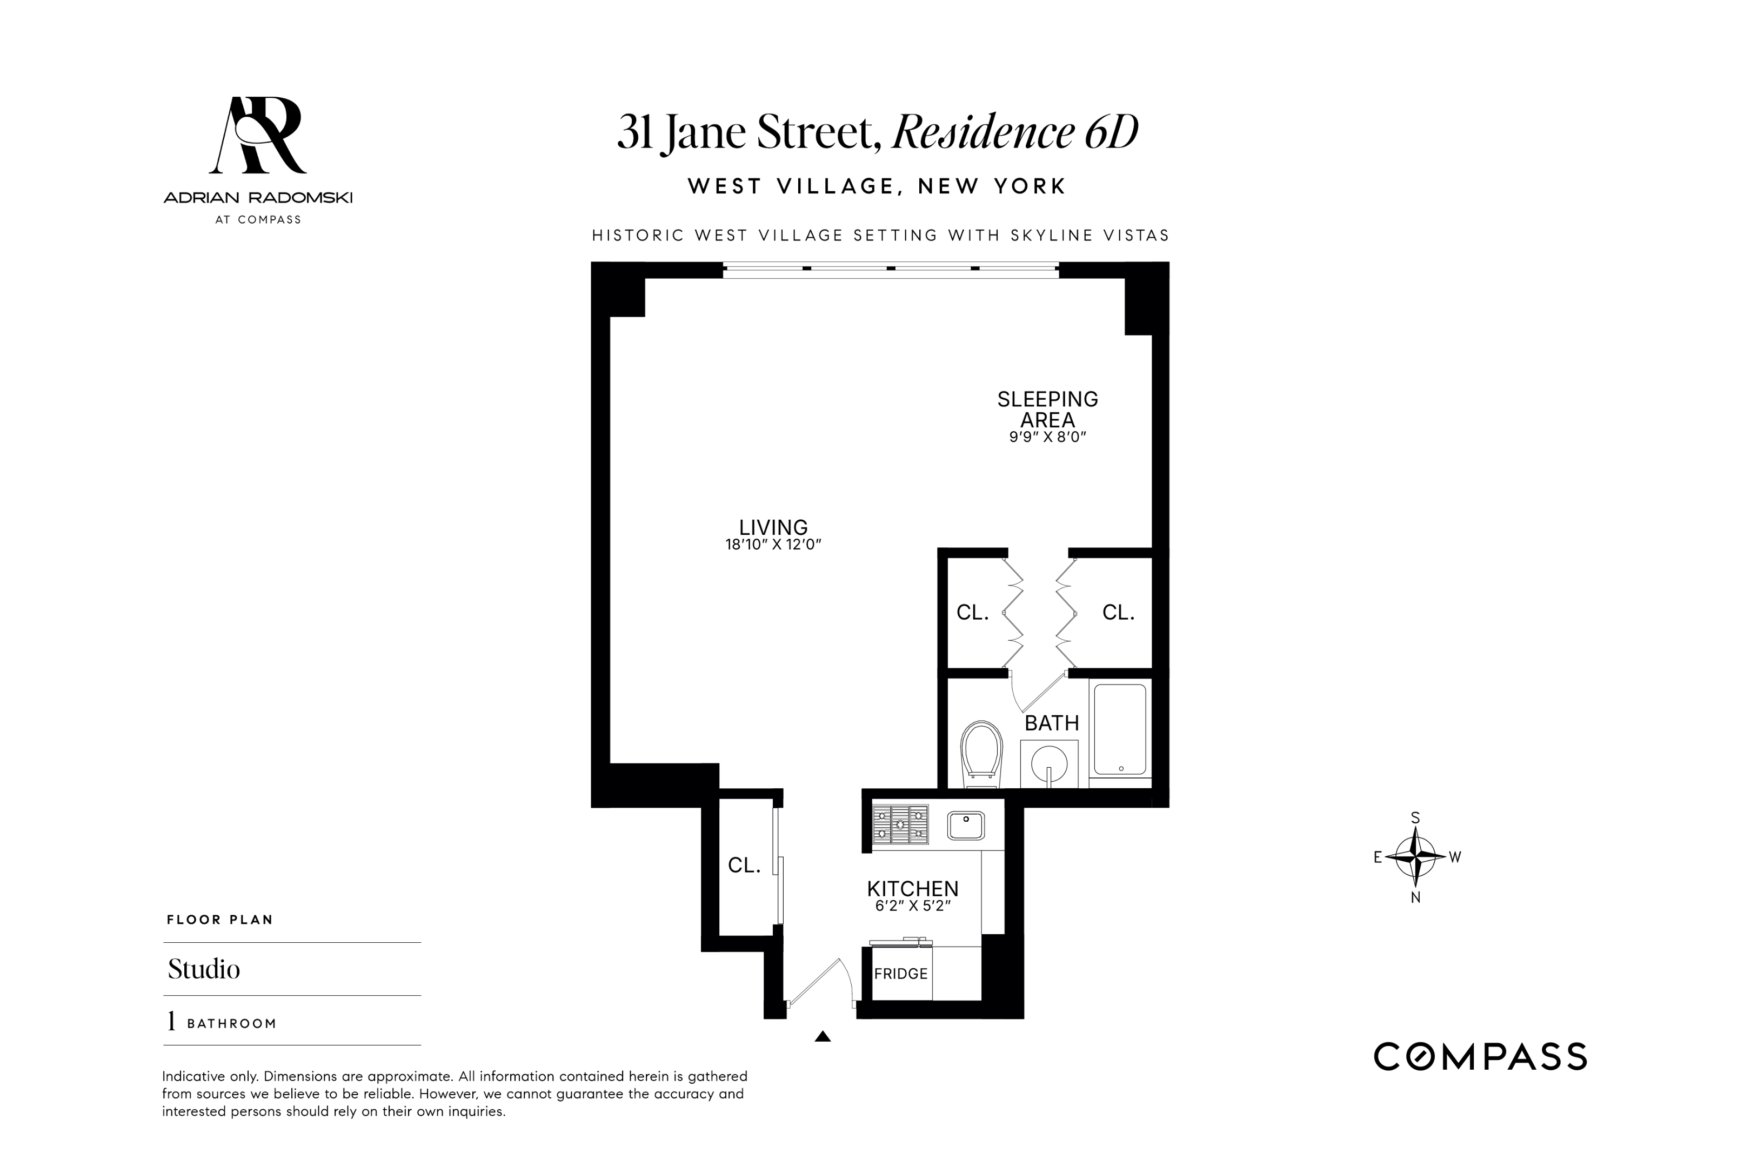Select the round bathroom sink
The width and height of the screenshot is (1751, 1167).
(1049, 763)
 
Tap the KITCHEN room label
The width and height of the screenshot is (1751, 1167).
(913, 889)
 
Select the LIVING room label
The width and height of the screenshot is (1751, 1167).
(773, 527)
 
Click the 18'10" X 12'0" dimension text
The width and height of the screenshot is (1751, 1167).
(773, 545)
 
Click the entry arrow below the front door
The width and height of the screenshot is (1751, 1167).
(822, 1036)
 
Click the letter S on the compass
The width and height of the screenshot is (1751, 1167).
(1415, 818)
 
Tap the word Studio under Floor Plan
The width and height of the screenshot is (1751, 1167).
(204, 969)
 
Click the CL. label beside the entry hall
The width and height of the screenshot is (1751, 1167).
(744, 865)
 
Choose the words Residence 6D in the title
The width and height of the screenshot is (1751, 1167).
(1015, 132)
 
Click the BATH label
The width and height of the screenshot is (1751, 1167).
(1051, 723)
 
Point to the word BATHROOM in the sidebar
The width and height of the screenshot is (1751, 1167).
(231, 1024)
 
